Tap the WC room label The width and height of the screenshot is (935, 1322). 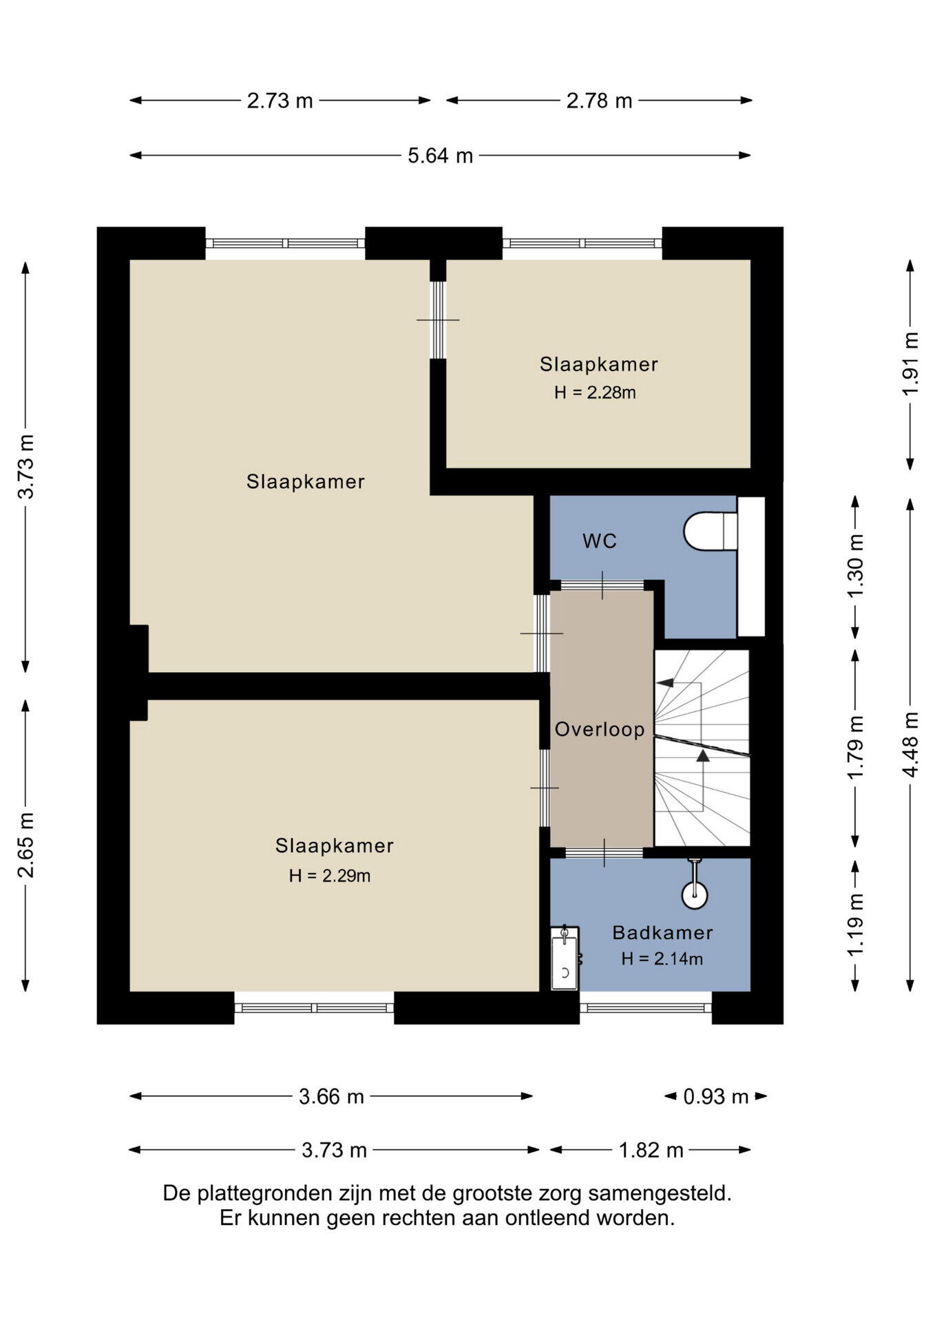(x=600, y=541)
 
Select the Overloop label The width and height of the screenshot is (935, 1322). (x=600, y=729)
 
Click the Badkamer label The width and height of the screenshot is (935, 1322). (x=662, y=933)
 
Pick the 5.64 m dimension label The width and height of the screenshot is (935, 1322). (x=441, y=156)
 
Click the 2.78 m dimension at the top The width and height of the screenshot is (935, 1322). (x=599, y=101)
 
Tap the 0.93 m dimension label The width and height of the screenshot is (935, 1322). (x=716, y=1096)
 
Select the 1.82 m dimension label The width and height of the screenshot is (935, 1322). (x=651, y=1150)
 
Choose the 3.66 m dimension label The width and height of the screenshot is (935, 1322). (x=331, y=1096)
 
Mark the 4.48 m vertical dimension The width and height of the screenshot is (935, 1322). (x=911, y=744)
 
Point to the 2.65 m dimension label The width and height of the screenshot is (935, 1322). (x=26, y=846)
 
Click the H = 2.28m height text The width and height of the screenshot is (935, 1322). (x=595, y=392)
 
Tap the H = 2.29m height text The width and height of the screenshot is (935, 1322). (x=330, y=876)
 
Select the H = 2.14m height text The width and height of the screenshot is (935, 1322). (x=662, y=958)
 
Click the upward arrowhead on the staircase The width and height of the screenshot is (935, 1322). (x=702, y=755)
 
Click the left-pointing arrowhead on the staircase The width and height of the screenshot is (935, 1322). (x=664, y=683)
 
